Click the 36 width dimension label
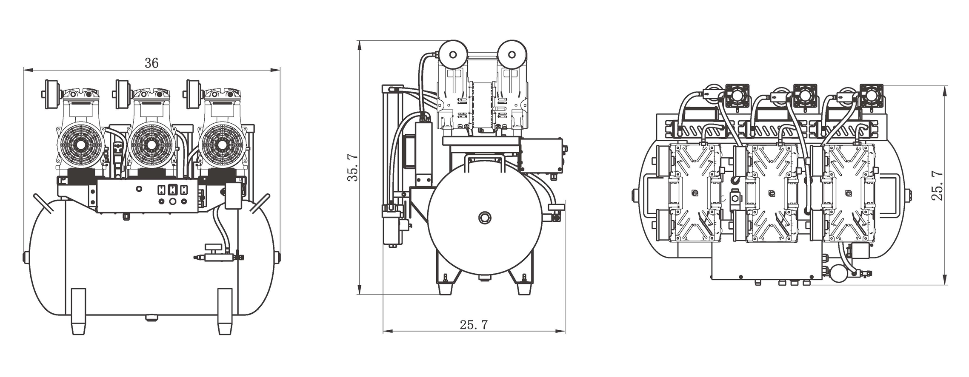click(151, 63)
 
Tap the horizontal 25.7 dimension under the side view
click(473, 325)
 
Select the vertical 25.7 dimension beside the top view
click(937, 186)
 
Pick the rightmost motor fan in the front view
click(222, 145)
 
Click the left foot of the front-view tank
click(79, 312)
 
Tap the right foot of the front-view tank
click(225, 312)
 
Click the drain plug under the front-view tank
click(151, 317)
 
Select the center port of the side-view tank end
click(483, 218)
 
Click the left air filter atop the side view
click(453, 54)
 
